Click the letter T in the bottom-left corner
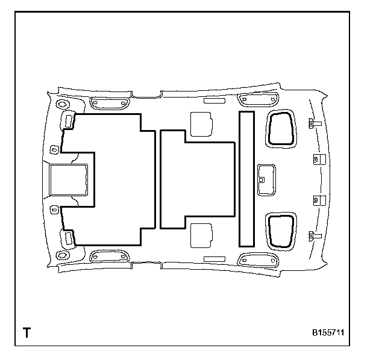tap(27, 332)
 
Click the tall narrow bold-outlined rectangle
tap(246, 179)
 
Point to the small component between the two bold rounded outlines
tap(265, 179)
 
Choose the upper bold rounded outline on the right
tap(281, 128)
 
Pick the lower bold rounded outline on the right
tap(281, 231)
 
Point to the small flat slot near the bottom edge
tap(214, 258)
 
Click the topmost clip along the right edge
tap(313, 123)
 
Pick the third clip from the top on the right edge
tap(317, 200)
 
